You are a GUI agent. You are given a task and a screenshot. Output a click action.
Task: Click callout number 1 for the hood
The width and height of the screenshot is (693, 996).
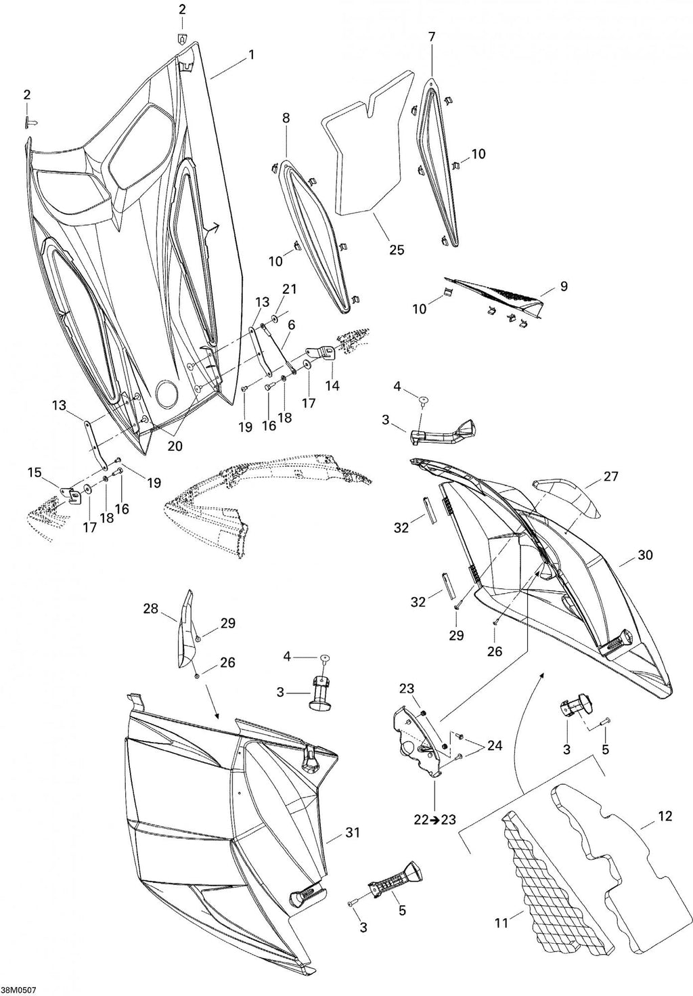coord(251,55)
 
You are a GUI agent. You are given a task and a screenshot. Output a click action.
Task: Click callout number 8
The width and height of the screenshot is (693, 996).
coord(286,118)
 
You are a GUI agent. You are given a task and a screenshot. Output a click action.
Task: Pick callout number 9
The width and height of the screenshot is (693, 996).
coord(564,286)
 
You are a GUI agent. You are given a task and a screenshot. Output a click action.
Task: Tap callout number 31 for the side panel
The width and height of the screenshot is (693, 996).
coord(352,832)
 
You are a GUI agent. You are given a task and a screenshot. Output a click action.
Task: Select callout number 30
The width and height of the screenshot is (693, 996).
coord(646,555)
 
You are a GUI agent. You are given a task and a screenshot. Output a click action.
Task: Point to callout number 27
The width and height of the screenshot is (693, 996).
coord(610,476)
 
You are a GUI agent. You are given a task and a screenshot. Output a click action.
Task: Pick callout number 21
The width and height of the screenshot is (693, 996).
coord(290,289)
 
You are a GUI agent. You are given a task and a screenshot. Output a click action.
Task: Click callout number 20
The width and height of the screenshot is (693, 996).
coord(175,446)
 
